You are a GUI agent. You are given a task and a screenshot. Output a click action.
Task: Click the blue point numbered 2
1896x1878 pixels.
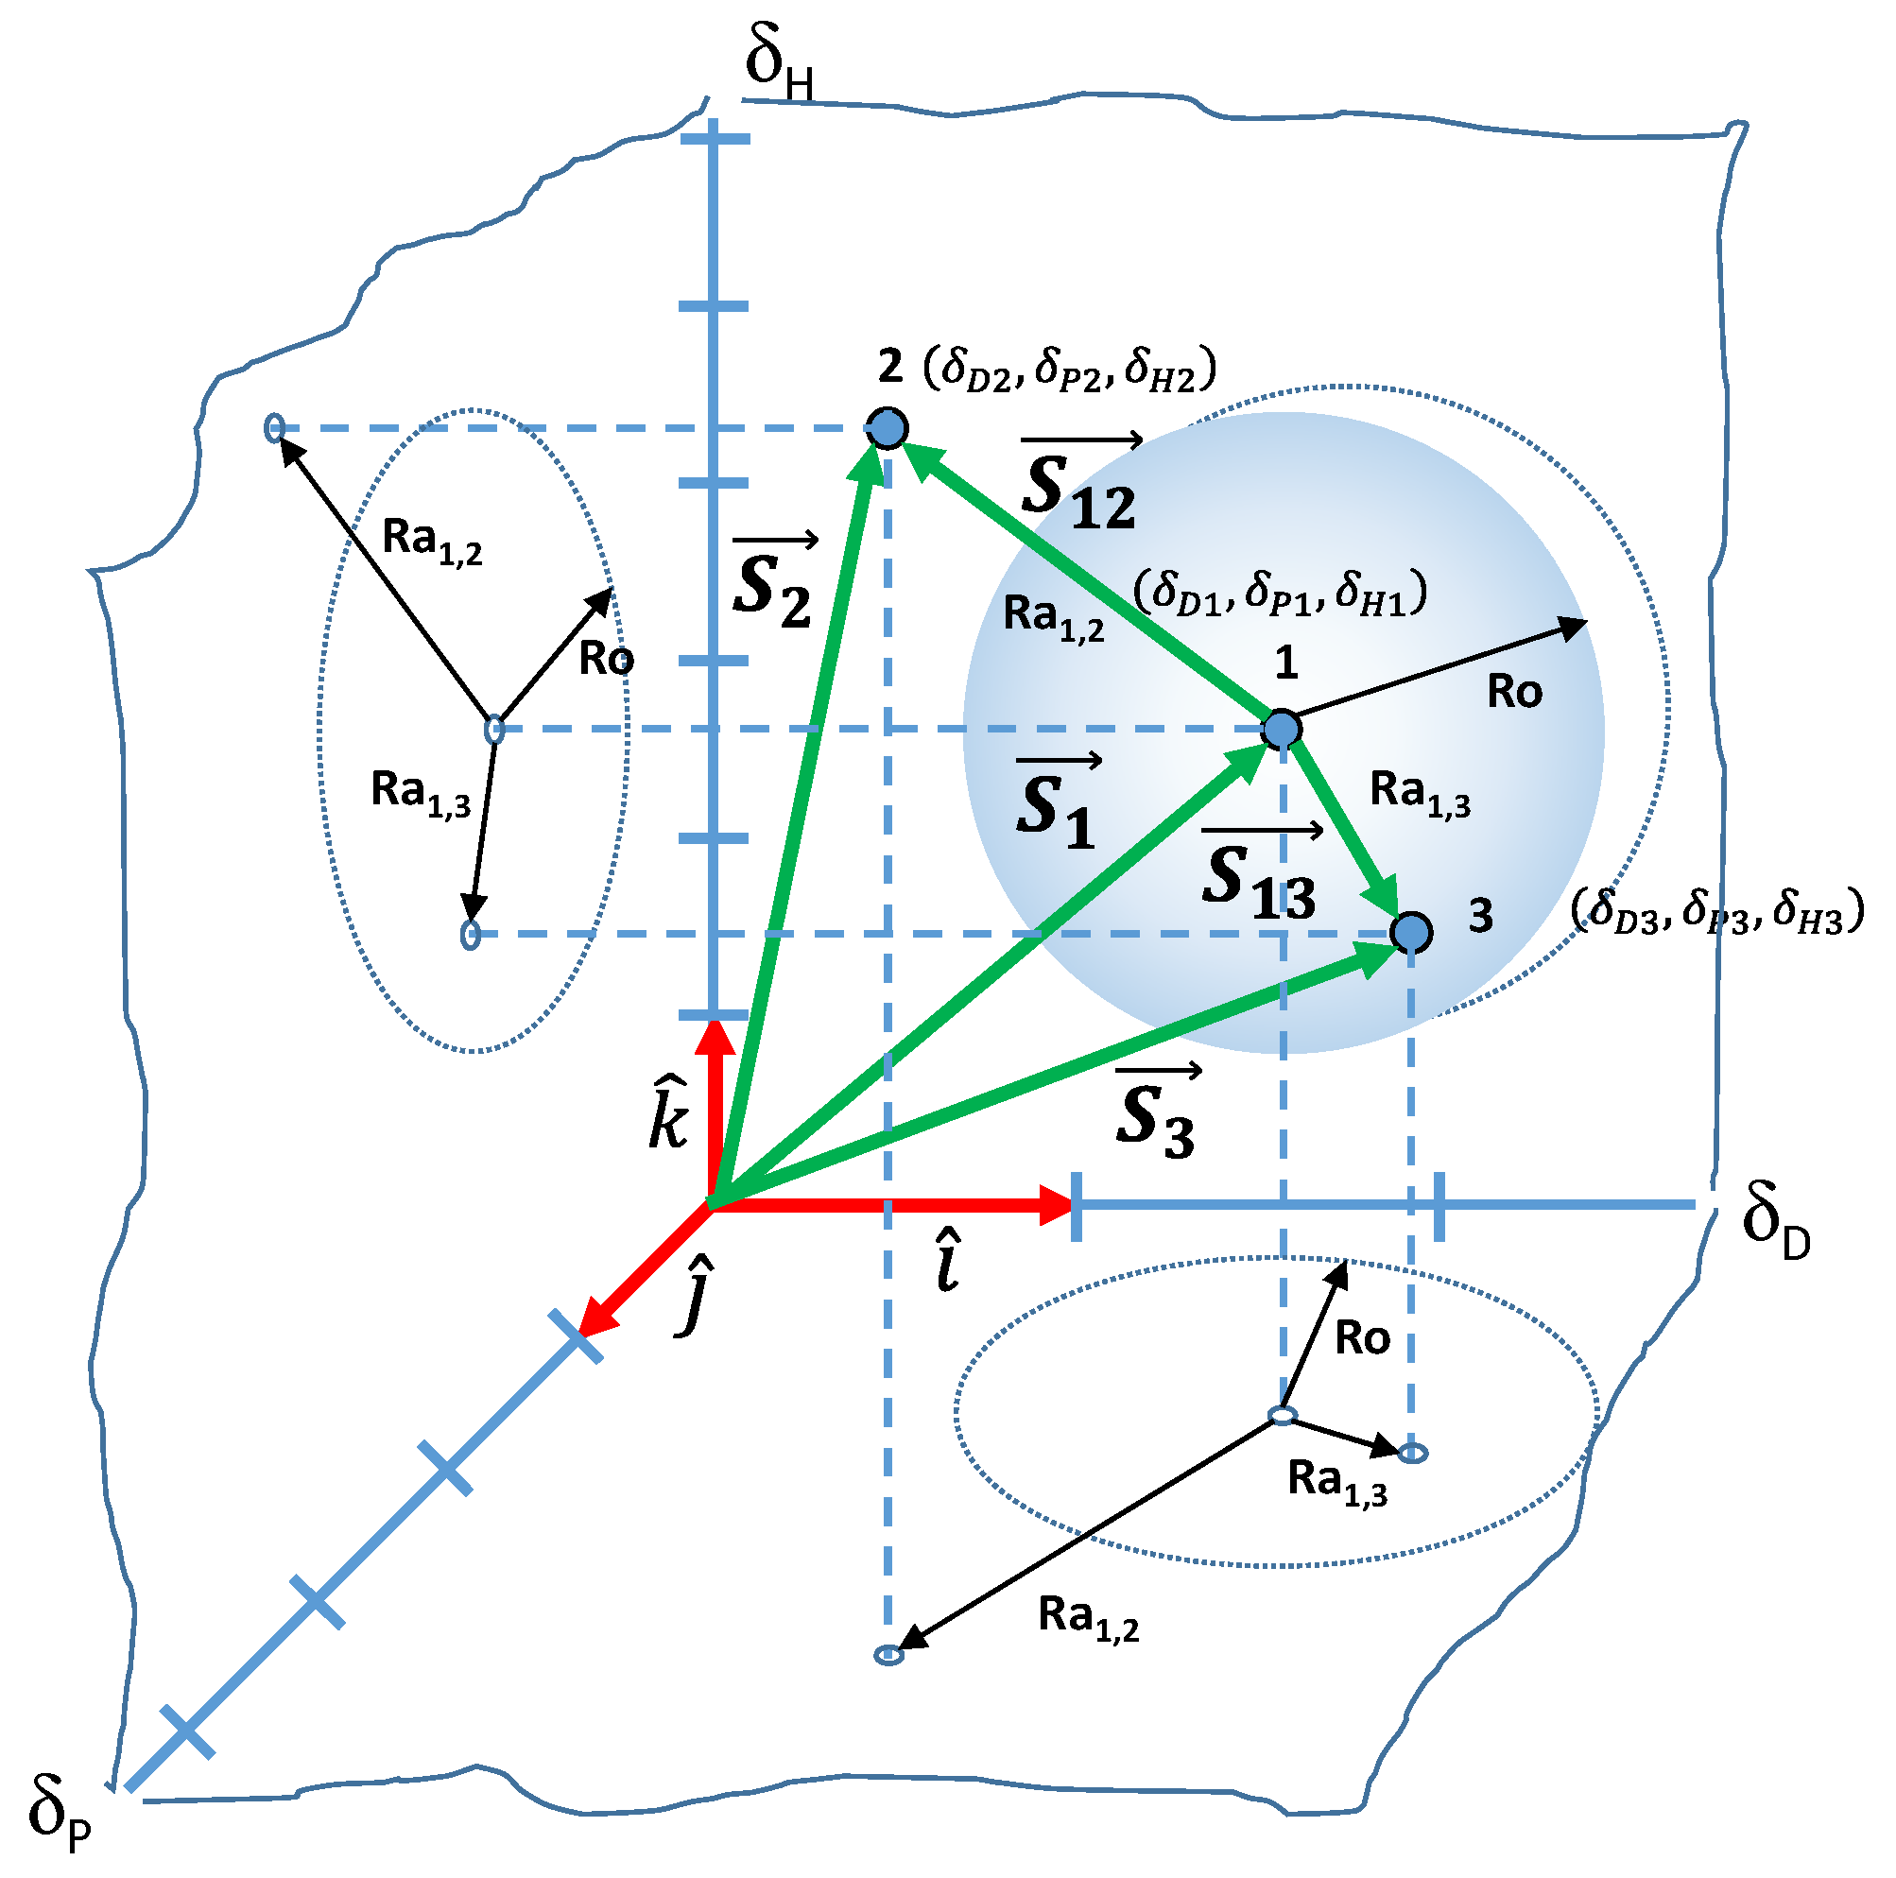click(x=888, y=429)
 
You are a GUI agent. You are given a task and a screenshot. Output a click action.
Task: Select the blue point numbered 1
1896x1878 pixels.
click(x=1282, y=729)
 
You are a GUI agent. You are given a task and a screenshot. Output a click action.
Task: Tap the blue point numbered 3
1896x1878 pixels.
click(x=1411, y=931)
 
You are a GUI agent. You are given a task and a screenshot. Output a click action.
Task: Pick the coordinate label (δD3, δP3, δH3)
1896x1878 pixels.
click(x=1716, y=909)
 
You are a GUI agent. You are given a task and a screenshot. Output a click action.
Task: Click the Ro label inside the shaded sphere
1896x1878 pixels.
click(x=1514, y=692)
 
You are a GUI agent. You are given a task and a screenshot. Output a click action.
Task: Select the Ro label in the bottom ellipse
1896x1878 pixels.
click(x=1362, y=1338)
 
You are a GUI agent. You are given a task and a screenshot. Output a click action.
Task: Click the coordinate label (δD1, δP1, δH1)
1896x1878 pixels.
click(x=1280, y=593)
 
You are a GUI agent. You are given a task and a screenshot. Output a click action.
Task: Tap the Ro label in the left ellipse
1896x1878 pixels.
click(x=606, y=659)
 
